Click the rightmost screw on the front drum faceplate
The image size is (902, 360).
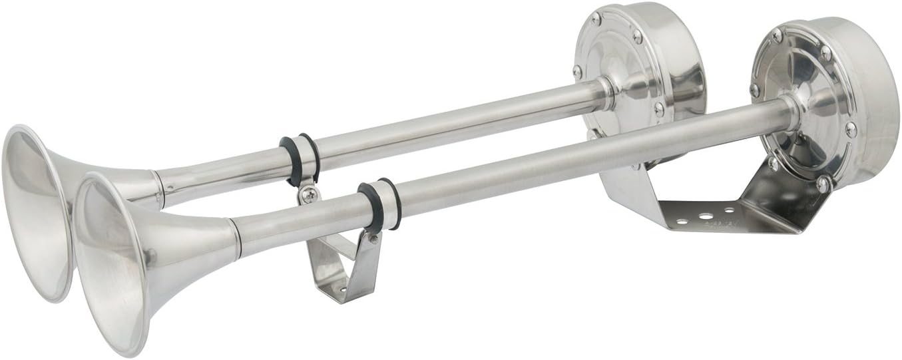(850, 129)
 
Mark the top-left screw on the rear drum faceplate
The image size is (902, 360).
(594, 18)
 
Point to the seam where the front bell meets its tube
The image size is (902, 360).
(235, 239)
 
